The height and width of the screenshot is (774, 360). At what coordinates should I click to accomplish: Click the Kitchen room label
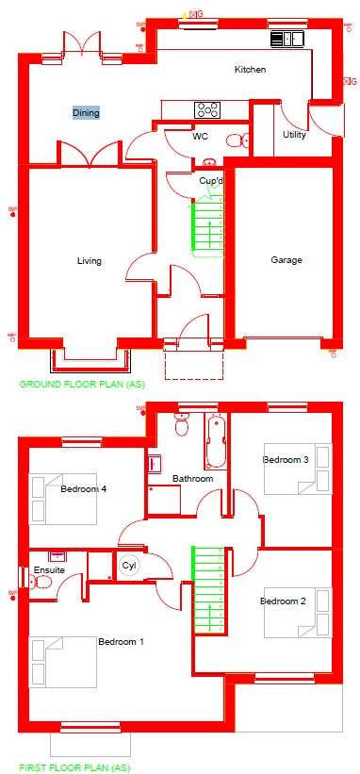[x=250, y=70]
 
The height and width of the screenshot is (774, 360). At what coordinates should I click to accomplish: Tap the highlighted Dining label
[x=86, y=112]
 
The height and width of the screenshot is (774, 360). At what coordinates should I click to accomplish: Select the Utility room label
[x=294, y=134]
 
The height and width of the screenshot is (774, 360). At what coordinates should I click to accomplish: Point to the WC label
[x=200, y=137]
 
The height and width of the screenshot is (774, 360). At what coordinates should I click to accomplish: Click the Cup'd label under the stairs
[x=210, y=180]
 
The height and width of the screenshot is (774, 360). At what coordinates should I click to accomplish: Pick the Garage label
[x=286, y=260]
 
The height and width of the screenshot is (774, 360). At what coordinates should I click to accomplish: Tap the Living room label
[x=90, y=261]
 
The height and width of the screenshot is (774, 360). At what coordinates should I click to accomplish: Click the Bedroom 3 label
[x=286, y=459]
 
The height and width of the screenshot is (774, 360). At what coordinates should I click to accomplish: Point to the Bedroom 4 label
[x=84, y=489]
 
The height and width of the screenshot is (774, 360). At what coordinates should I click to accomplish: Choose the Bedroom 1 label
[x=122, y=641]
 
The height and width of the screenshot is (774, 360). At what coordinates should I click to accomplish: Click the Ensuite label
[x=49, y=570]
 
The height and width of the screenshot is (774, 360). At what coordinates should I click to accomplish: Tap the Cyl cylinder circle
[x=129, y=566]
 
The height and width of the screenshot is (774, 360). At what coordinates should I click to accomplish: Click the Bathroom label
[x=192, y=479]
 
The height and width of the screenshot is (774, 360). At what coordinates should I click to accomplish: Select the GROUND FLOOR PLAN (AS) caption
[x=82, y=385]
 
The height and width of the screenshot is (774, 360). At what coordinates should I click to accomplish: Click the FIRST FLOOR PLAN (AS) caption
[x=75, y=767]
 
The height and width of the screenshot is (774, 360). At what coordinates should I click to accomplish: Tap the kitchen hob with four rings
[x=207, y=110]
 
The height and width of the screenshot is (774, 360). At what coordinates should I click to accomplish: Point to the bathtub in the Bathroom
[x=216, y=442]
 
